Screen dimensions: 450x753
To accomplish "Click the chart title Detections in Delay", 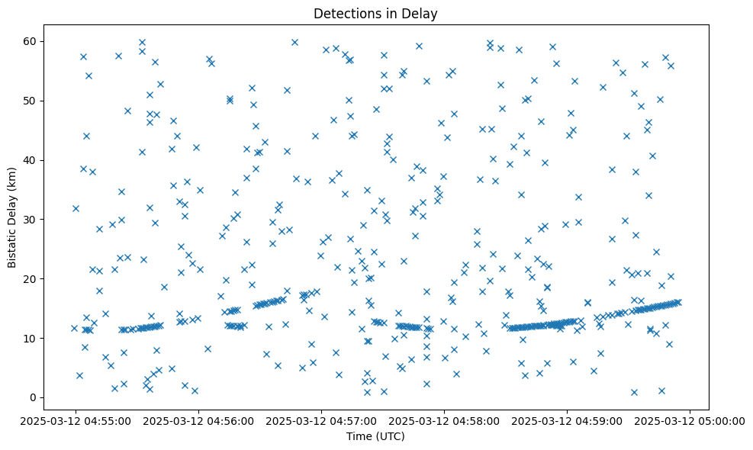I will [375, 14].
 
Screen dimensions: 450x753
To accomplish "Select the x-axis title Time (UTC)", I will [375, 436].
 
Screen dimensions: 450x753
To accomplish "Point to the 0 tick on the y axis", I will [34, 397].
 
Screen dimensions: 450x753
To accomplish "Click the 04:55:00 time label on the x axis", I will [75, 419].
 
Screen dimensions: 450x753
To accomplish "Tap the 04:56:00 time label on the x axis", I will [198, 419].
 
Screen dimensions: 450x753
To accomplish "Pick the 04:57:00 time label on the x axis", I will [320, 419].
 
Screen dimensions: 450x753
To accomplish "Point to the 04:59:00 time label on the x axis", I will [567, 419].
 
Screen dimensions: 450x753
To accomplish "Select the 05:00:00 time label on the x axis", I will [690, 419].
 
